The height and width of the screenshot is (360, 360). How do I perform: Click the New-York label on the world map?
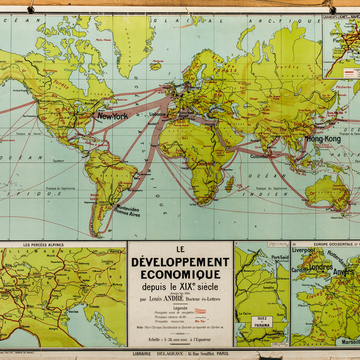pos(113,116)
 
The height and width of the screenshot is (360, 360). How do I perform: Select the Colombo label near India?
pos(258,156)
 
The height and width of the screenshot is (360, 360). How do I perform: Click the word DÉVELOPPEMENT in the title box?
pos(180,262)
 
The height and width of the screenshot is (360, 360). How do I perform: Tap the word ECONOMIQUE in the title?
pos(180,275)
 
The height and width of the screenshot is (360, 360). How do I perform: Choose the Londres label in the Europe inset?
pos(320,266)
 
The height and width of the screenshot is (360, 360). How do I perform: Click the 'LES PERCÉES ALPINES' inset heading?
pos(44,245)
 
